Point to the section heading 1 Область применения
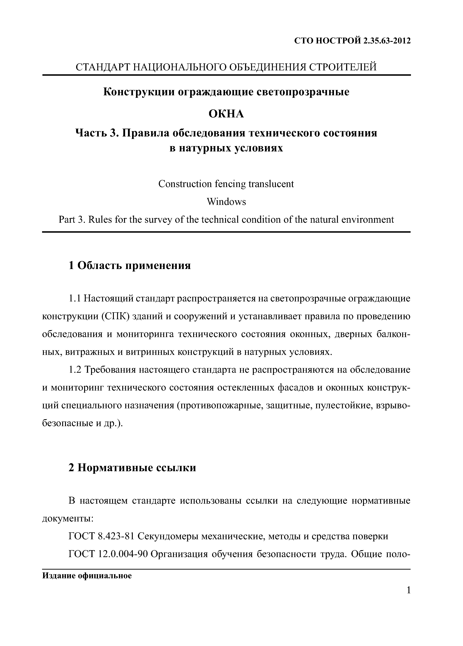click(x=130, y=265)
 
